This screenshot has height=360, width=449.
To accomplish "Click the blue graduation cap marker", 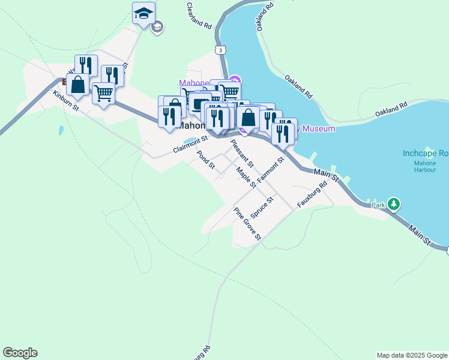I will coord(143,13).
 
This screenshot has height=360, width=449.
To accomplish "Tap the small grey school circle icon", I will coord(157,27).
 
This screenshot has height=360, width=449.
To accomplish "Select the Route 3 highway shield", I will coord(221,50).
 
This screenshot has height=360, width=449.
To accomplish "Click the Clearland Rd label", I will coord(200,16).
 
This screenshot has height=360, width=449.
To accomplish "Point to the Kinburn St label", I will coord(66,101).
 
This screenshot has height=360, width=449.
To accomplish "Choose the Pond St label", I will coord(206,159).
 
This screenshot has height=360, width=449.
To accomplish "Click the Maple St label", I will coord(246,177).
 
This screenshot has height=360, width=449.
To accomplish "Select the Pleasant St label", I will coord(243,152).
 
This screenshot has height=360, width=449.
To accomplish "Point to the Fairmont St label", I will coord(270,170).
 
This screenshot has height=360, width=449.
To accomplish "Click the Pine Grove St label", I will coord(247,224).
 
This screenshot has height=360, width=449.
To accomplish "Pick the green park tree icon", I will coord(394,204).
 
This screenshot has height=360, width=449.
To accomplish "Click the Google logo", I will coord(20,353).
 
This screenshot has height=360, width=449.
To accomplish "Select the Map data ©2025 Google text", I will coord(412,355).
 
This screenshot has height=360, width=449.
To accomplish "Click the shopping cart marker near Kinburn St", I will coord(104,94).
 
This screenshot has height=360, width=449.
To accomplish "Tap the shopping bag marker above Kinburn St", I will coord(78,85).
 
